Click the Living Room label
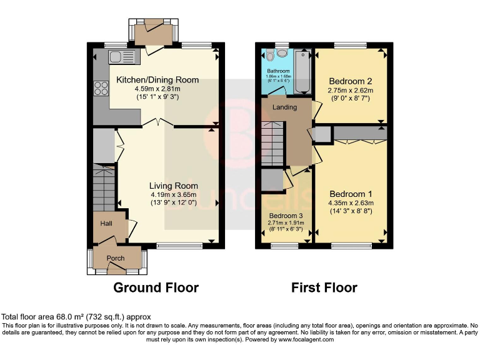tap(173, 186)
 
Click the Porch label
tap(116, 258)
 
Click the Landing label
tap(285, 107)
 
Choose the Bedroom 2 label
tap(351, 81)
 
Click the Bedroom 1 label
tap(351, 193)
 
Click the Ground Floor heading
tap(156, 288)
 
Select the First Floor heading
tap(324, 288)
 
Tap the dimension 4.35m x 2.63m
tap(351, 202)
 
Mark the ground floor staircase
tap(104, 184)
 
